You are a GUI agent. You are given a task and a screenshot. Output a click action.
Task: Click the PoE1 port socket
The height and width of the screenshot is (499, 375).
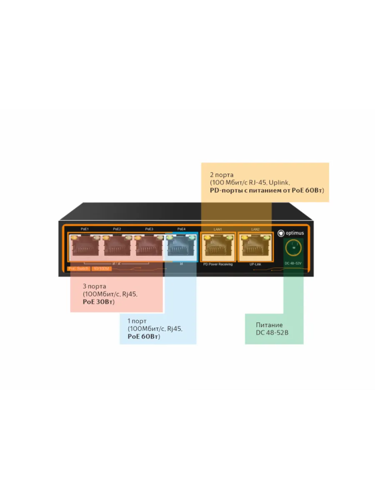(85, 248)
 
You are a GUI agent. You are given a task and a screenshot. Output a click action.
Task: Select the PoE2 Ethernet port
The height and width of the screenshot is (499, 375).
(117, 248)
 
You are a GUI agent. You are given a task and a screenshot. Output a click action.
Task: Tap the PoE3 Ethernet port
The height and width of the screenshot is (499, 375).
(149, 248)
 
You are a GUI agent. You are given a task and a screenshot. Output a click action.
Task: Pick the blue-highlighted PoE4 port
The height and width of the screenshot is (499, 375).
(181, 248)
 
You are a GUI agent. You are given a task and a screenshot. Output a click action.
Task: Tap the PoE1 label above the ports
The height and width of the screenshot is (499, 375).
(85, 229)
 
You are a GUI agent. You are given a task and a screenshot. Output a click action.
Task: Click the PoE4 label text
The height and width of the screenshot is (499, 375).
(181, 229)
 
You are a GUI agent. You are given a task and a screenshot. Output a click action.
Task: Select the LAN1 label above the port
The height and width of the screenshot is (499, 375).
(218, 229)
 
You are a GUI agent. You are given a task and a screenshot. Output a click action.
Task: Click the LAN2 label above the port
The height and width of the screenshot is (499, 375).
(255, 229)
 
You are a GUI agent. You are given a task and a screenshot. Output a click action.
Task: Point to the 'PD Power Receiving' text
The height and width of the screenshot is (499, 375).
(218, 264)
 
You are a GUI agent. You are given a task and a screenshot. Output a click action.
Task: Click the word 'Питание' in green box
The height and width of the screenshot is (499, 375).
(269, 325)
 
